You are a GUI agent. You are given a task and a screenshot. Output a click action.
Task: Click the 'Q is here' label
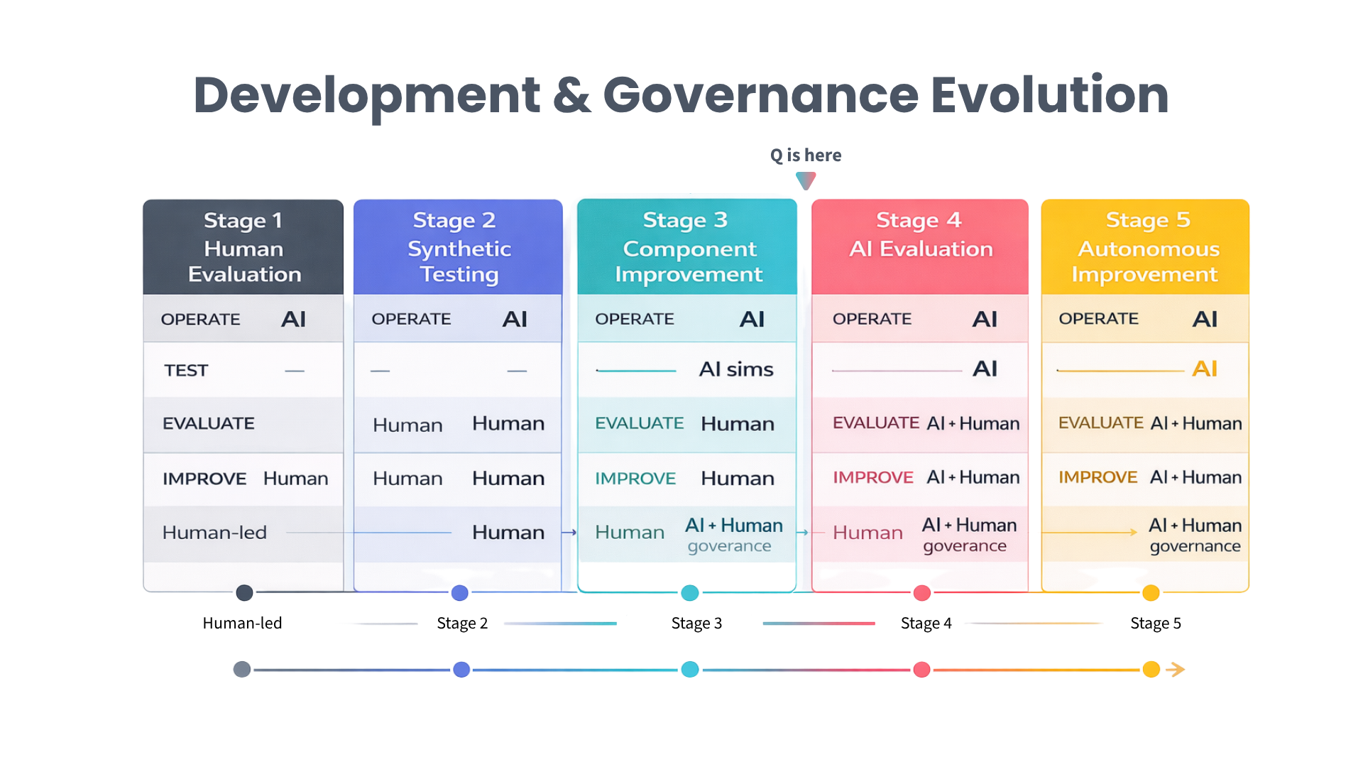806,156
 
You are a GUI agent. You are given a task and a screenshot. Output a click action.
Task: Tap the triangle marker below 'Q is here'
806,181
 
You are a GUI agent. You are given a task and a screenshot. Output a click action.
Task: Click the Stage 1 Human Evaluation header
243,247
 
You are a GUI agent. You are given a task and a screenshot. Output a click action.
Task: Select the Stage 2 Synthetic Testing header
458,247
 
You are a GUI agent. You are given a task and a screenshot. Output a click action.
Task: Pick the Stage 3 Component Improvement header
687,247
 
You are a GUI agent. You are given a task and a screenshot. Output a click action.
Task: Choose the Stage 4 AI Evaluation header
920,235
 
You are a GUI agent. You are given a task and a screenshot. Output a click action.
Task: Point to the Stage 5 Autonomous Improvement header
1145,247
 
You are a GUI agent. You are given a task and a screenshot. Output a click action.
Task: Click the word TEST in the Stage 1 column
186,371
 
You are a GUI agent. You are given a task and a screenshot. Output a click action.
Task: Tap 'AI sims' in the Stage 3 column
736,369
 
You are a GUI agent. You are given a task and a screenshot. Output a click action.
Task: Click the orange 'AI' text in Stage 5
1205,369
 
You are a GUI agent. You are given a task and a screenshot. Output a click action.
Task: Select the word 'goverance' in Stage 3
729,546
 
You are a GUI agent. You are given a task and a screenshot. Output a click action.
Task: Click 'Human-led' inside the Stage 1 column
214,533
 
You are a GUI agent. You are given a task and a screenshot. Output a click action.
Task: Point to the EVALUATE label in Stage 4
876,423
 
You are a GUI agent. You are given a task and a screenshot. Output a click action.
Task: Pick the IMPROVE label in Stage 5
1097,477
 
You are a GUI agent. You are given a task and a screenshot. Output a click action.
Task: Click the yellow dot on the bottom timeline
1151,670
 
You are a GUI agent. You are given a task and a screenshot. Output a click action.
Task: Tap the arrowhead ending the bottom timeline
1176,670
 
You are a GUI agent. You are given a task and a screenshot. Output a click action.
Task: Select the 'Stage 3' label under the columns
696,624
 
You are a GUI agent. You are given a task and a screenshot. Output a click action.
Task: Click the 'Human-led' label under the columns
242,624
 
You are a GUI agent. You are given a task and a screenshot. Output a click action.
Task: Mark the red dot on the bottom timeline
922,670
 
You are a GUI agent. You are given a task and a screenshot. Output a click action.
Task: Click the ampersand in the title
571,95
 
